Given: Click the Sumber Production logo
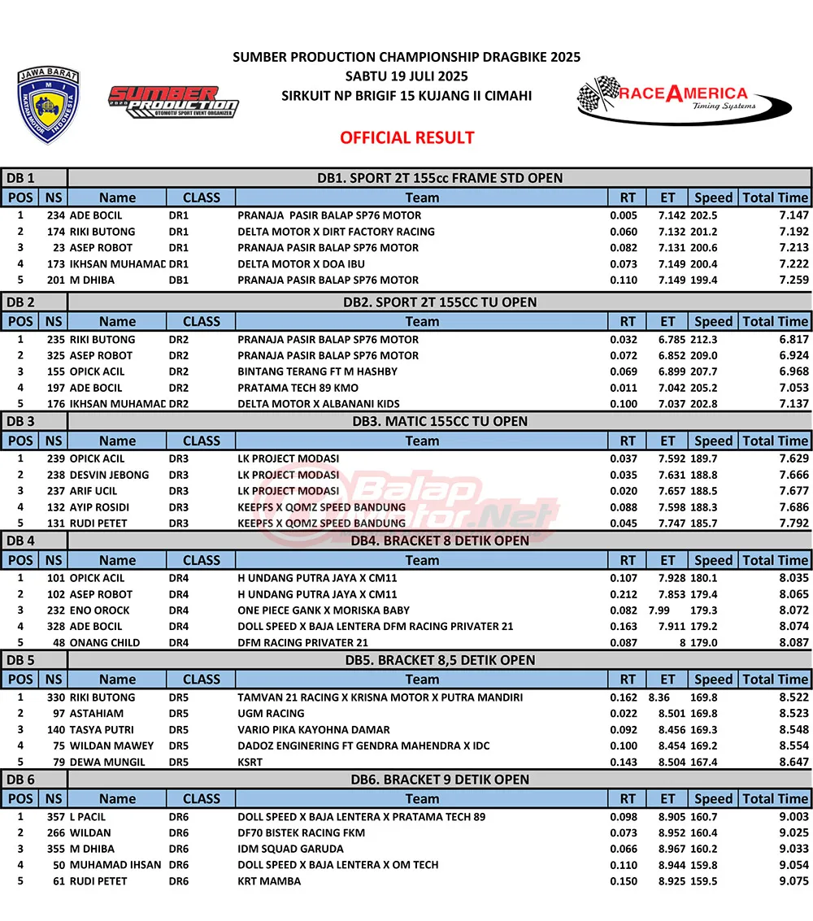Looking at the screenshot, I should click(x=173, y=102).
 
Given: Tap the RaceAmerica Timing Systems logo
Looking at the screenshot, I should click(x=684, y=98).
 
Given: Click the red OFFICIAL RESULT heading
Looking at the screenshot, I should click(x=406, y=137).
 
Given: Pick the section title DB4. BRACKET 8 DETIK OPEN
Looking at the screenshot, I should click(x=439, y=541).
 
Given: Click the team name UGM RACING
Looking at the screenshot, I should click(x=271, y=714).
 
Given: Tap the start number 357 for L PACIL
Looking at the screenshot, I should click(x=55, y=817).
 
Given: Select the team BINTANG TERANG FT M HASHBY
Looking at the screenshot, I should click(x=317, y=371).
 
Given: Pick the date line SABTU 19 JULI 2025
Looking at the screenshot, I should click(x=406, y=77).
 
